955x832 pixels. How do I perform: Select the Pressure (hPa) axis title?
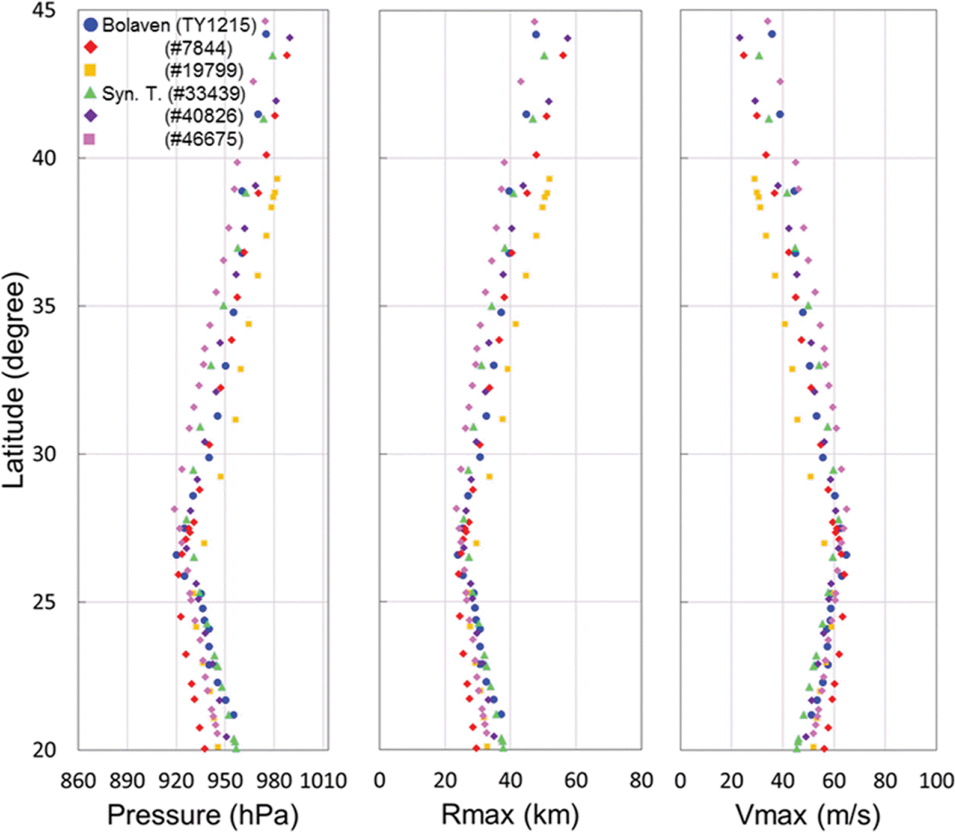[203, 815]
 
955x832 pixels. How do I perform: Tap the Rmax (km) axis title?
[510, 815]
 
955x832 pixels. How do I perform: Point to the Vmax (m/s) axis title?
[808, 815]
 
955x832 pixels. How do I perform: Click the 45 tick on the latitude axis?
[43, 11]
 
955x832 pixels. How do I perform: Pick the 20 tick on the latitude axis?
[43, 750]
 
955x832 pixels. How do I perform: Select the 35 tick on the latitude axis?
[43, 306]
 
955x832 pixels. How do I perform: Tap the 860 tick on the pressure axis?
[78, 781]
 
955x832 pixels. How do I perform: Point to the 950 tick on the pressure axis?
[225, 781]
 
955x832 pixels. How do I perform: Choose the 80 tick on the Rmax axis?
[641, 781]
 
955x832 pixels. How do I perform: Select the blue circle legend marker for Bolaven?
[90, 25]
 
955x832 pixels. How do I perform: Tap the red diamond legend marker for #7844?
[90, 47]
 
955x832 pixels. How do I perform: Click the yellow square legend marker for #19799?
[90, 70]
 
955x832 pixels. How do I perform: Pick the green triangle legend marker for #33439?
[90, 93]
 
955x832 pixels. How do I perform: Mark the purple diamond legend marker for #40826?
[90, 116]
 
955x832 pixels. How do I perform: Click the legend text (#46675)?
[204, 139]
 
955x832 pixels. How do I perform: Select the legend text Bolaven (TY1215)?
[179, 25]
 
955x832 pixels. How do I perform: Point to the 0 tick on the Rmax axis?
[379, 781]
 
